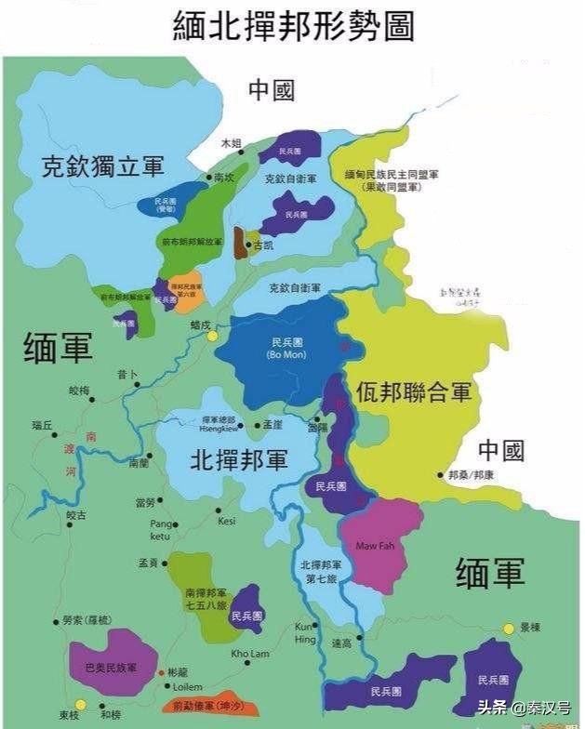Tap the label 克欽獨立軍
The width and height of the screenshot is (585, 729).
tap(102, 167)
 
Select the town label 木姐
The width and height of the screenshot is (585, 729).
tap(231, 143)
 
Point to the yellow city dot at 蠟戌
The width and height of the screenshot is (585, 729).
tap(212, 336)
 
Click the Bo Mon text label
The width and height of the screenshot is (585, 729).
tap(280, 355)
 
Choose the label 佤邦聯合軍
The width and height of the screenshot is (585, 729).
tap(414, 391)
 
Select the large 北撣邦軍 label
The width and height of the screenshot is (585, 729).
tap(239, 459)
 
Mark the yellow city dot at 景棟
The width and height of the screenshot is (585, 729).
tap(509, 629)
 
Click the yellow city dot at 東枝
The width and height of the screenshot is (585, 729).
tap(81, 705)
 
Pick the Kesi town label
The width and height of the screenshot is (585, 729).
tap(226, 521)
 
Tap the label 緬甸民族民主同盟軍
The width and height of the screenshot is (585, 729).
tap(392, 174)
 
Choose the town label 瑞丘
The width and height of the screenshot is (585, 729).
tap(43, 425)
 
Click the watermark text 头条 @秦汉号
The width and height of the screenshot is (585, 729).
tap(523, 704)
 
